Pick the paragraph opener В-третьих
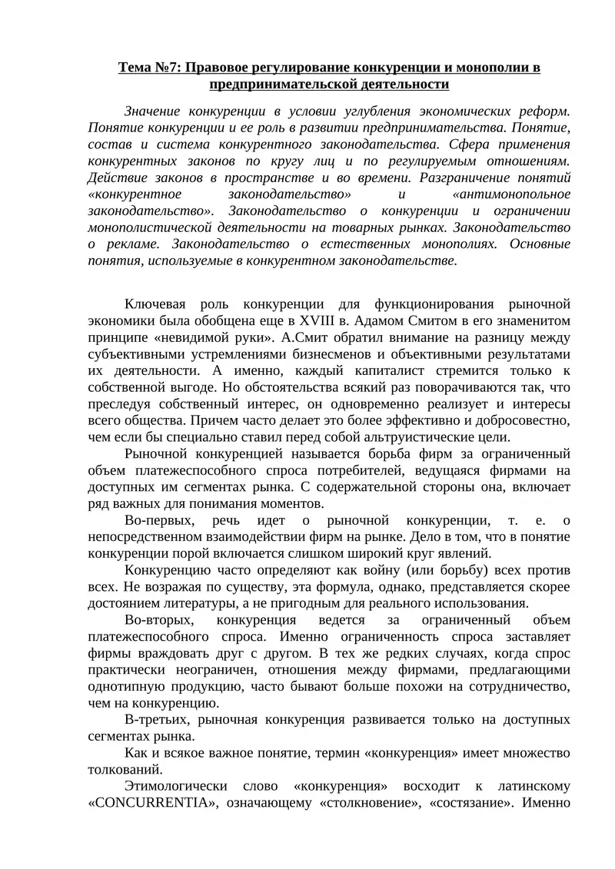point(157,719)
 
